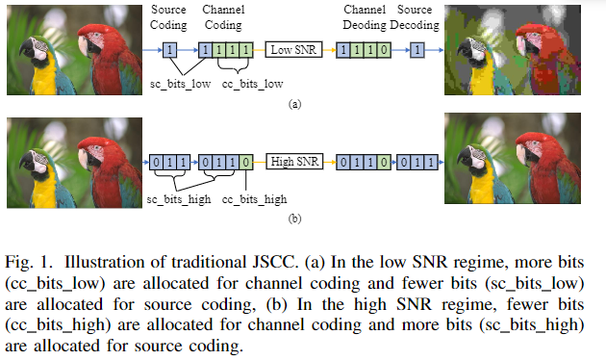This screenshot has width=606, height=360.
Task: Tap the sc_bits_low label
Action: (x=182, y=86)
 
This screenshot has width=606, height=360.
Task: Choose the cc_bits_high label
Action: (x=255, y=198)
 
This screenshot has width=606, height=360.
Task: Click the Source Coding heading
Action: (x=169, y=15)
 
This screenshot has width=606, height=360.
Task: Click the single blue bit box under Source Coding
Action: (x=169, y=49)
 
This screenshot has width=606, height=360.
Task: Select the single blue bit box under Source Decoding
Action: (x=417, y=49)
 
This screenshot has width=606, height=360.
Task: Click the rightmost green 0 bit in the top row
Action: (x=386, y=49)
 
